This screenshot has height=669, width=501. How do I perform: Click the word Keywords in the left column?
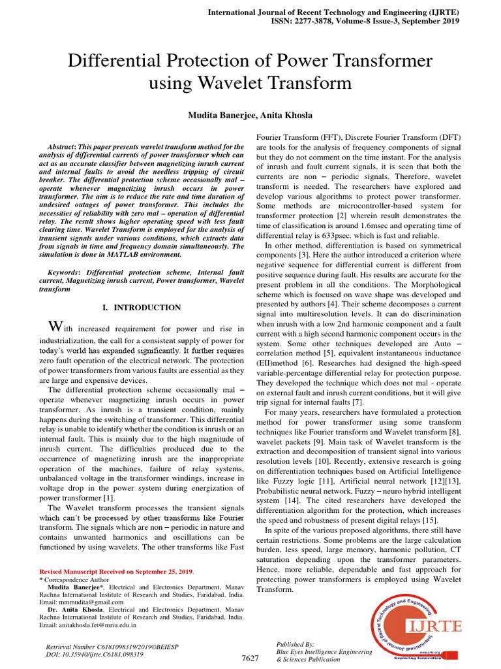pyautogui.click(x=64, y=271)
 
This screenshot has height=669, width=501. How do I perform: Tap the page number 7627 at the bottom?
pyautogui.click(x=250, y=659)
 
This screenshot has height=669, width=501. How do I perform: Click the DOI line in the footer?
pyautogui.click(x=95, y=653)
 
